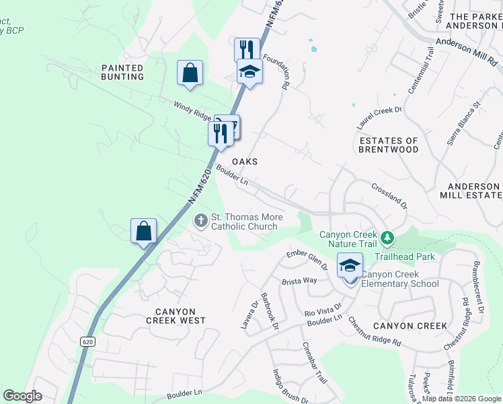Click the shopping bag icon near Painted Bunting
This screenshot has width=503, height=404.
pyautogui.click(x=190, y=72)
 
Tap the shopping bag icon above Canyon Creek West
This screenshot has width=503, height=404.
pyautogui.click(x=143, y=231)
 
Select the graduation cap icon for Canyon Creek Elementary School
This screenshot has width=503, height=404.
pyautogui.click(x=350, y=265)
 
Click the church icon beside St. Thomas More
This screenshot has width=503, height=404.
pyautogui.click(x=200, y=220)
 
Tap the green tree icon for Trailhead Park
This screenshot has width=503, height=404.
pyautogui.click(x=387, y=238)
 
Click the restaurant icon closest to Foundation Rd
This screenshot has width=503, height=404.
pyautogui.click(x=247, y=50)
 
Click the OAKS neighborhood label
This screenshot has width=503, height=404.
pyautogui.click(x=245, y=162)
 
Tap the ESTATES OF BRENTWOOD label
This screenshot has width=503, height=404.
pyautogui.click(x=389, y=145)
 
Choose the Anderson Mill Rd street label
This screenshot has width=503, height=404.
pyautogui.click(x=465, y=51)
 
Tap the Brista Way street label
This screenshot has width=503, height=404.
pyautogui.click(x=299, y=281)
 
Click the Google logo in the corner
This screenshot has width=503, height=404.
pyautogui.click(x=22, y=396)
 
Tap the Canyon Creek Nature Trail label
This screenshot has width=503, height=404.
pyautogui.click(x=348, y=239)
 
